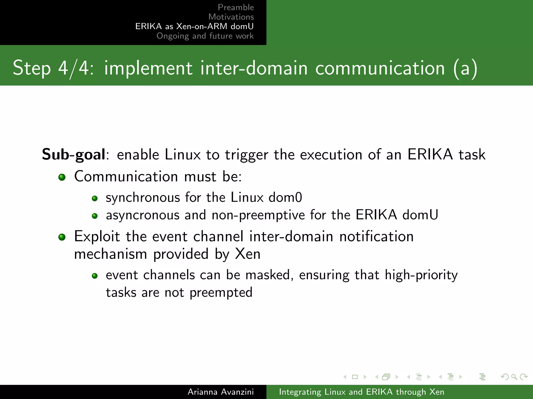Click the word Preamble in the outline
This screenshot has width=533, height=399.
pyautogui.click(x=236, y=7)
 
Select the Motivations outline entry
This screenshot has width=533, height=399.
pyautogui.click(x=231, y=17)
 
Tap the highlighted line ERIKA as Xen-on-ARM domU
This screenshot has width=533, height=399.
pyautogui.click(x=194, y=26)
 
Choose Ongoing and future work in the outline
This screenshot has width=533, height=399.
pyautogui.click(x=205, y=36)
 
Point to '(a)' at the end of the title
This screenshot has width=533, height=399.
pyautogui.click(x=465, y=68)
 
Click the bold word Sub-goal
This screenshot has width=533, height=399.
pyautogui.click(x=74, y=155)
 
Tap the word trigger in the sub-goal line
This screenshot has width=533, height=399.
pyautogui.click(x=246, y=155)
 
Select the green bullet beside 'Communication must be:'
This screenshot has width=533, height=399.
pyautogui.click(x=62, y=177)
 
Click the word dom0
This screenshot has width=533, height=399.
pyautogui.click(x=285, y=197)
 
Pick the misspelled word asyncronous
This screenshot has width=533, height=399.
pyautogui.click(x=143, y=215)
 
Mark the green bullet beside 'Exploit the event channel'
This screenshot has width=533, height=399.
pyautogui.click(x=62, y=237)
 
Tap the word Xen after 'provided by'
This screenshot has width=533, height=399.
pyautogui.click(x=248, y=254)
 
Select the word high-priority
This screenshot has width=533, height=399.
pyautogui.click(x=421, y=275)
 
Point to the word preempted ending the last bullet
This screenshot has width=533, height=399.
pyautogui.click(x=221, y=293)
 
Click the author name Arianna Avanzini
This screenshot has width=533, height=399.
pyautogui.click(x=221, y=392)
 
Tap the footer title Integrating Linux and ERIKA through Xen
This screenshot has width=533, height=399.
pyautogui.click(x=361, y=392)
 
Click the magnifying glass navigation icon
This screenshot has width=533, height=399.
pyautogui.click(x=514, y=377)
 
